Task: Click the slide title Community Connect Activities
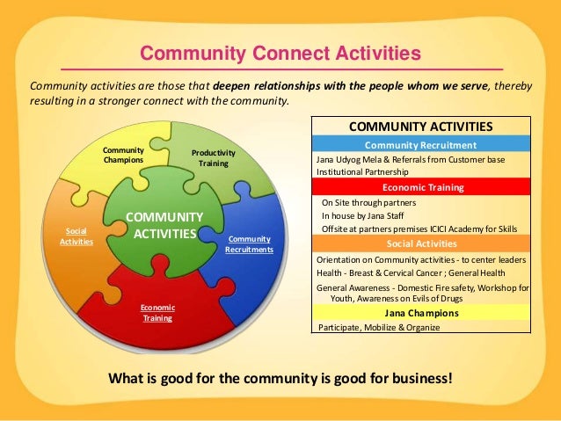(x=281, y=55)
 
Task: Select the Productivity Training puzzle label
(x=213, y=158)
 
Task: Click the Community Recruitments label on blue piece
(x=249, y=244)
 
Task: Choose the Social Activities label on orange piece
(x=76, y=236)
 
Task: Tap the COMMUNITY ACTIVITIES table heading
(x=421, y=127)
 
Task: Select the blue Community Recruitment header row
(x=421, y=145)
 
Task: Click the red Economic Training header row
(x=421, y=187)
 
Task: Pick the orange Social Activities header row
(x=421, y=243)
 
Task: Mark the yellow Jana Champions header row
(x=421, y=312)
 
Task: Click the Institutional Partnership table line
(x=362, y=173)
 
